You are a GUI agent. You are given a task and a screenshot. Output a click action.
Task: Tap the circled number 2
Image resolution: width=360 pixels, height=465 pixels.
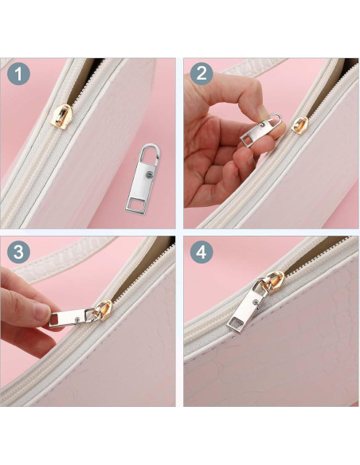(x=202, y=74)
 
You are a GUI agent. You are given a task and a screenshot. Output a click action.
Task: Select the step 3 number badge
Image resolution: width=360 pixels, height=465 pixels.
(x=19, y=252)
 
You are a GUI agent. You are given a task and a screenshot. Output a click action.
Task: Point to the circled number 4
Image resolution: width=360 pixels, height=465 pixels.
(x=202, y=252)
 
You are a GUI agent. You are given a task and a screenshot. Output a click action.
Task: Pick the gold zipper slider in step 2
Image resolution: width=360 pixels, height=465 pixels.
(x=299, y=126)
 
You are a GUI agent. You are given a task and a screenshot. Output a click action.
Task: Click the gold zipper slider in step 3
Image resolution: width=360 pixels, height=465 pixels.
(x=104, y=307)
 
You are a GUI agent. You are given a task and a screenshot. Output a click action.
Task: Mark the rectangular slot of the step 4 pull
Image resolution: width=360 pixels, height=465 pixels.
(x=237, y=320)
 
